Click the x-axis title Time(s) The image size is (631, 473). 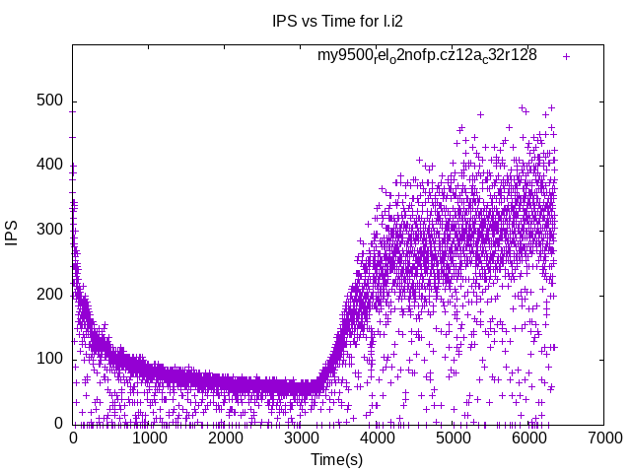click(x=337, y=459)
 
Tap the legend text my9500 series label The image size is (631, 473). click(x=426, y=55)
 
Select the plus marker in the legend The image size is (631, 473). click(x=566, y=56)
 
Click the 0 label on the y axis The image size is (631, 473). click(x=58, y=424)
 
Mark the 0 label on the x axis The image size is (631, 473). click(x=73, y=439)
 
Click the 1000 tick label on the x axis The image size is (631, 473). click(x=149, y=439)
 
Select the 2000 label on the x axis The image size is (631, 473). click(x=225, y=439)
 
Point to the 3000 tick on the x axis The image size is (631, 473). click(x=301, y=439)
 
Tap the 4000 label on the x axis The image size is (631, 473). click(x=377, y=439)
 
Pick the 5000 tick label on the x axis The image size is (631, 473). click(x=453, y=439)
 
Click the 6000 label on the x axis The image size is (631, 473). click(x=528, y=439)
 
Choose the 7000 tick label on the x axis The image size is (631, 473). click(x=604, y=439)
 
